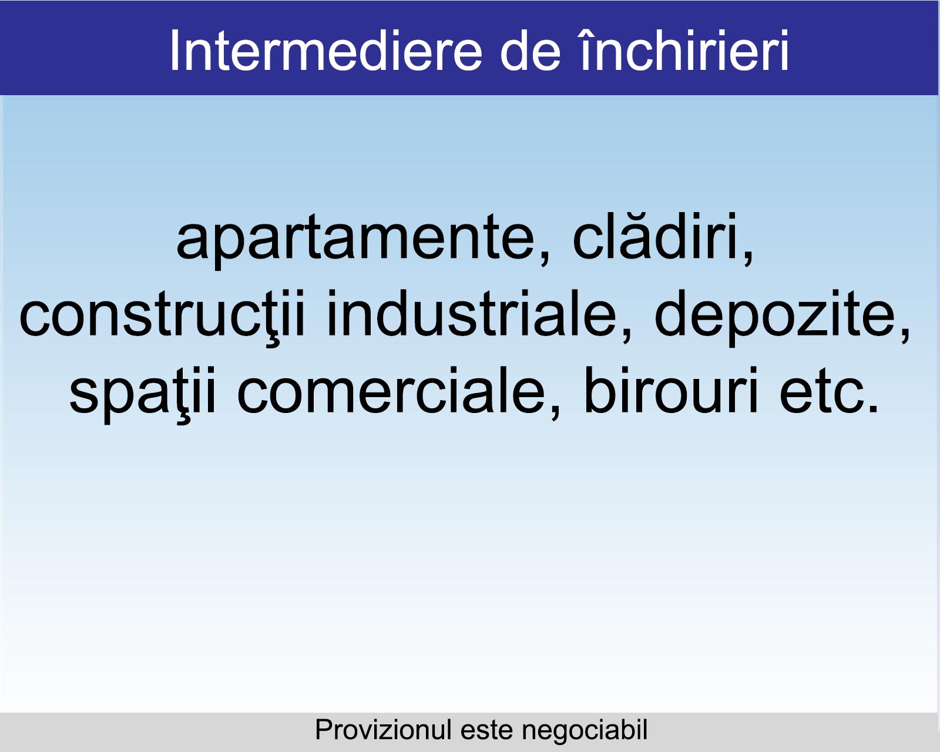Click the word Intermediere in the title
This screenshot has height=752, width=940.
[x=326, y=51]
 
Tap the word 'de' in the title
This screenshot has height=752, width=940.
[x=530, y=51]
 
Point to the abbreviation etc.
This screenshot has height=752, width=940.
[x=828, y=391]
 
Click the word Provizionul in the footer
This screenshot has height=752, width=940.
[x=383, y=730]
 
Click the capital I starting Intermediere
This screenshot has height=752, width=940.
[x=173, y=51]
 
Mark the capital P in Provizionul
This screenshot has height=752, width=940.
[x=324, y=730]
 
